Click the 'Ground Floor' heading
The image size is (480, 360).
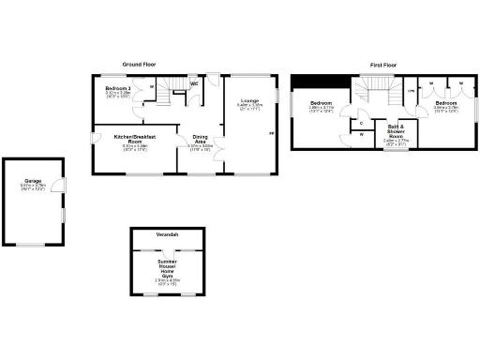click(137, 65)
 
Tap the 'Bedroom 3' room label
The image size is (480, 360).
click(118, 88)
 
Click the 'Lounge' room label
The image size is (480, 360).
click(249, 99)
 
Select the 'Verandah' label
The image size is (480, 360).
click(168, 233)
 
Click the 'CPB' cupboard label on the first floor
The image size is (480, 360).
click(411, 91)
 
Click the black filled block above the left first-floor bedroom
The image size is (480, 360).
click(311, 80)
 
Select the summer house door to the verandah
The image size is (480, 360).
click(168, 249)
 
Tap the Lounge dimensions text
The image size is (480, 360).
click(249, 107)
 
